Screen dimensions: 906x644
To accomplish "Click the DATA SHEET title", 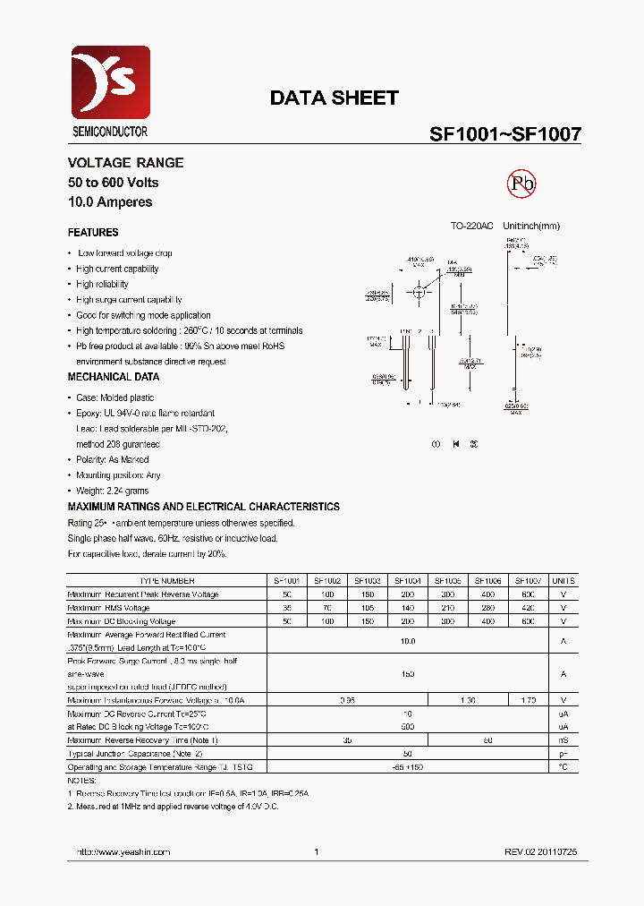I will pyautogui.click(x=334, y=98).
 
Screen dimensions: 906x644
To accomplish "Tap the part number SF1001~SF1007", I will pyautogui.click(x=505, y=134).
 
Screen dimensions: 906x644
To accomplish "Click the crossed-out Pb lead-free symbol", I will pyautogui.click(x=521, y=184).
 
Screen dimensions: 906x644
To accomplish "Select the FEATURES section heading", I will pyautogui.click(x=93, y=233).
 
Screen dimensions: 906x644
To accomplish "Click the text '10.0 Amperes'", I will pyautogui.click(x=110, y=202).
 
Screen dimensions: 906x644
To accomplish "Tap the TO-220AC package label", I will pyautogui.click(x=471, y=226).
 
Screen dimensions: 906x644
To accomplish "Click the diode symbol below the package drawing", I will pyautogui.click(x=455, y=444).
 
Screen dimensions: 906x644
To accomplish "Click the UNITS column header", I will pyautogui.click(x=563, y=580).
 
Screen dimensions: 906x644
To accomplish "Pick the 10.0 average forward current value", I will pyautogui.click(x=408, y=641).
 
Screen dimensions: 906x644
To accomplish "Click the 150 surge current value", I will pyautogui.click(x=408, y=673).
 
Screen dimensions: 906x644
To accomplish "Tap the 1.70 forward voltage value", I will pyautogui.click(x=527, y=700).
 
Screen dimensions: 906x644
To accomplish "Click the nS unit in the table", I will pyautogui.click(x=563, y=740).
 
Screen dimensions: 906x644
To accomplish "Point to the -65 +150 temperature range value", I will pyautogui.click(x=408, y=767).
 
